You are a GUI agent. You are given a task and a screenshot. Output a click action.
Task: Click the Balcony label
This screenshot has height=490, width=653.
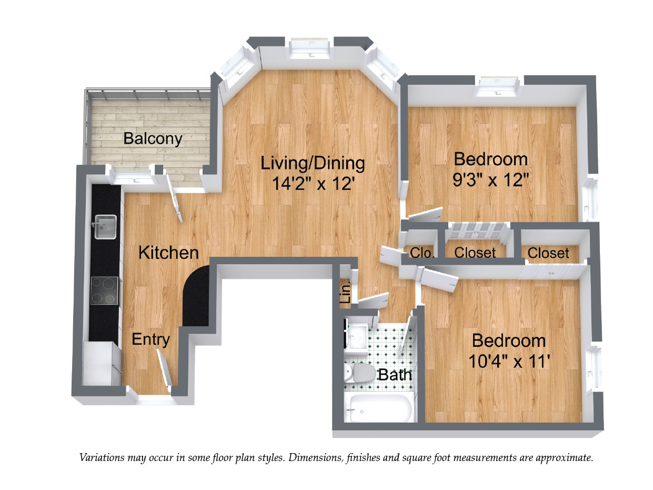(153, 139)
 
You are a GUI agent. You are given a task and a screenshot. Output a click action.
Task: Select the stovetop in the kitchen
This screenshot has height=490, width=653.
(104, 291)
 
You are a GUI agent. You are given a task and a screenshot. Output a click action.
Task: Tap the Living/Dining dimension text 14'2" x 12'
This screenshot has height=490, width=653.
(313, 184)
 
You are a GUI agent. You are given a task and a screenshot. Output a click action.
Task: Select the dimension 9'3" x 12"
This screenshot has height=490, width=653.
(490, 181)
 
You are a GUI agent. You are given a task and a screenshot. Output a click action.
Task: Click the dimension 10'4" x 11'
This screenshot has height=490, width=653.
(509, 362)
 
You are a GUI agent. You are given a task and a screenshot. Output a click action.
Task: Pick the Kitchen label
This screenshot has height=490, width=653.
(168, 253)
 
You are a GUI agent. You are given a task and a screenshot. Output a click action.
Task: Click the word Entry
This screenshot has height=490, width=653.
(150, 339)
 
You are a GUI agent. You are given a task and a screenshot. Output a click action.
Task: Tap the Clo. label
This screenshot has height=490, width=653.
(422, 253)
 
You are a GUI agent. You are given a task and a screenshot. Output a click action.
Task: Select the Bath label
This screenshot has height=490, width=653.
(395, 375)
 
